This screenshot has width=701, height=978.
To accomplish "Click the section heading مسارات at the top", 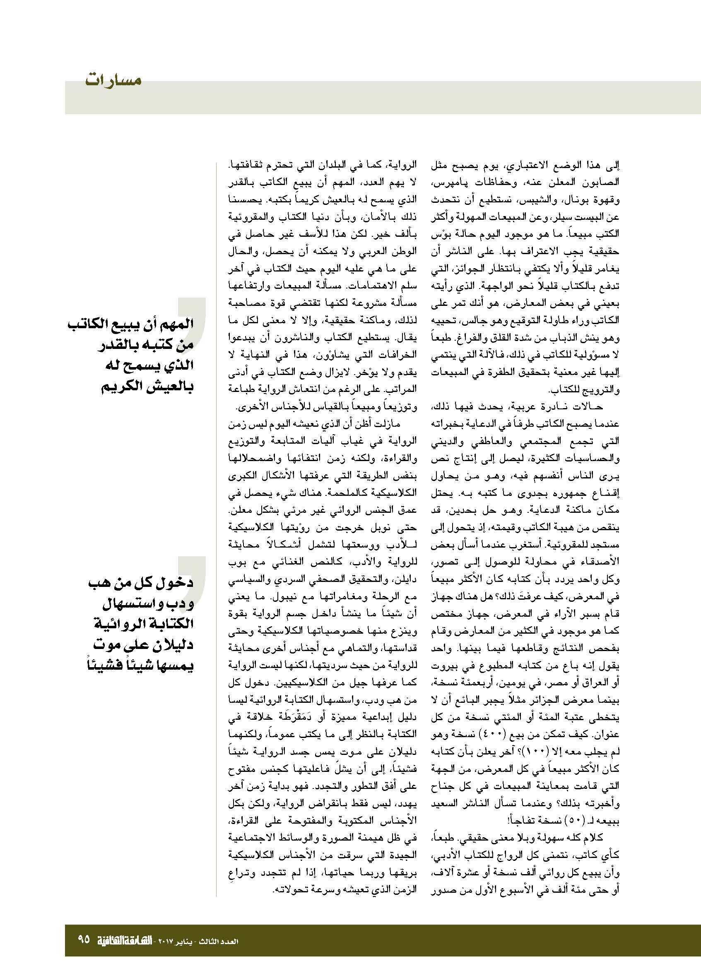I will (x=113, y=81).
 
